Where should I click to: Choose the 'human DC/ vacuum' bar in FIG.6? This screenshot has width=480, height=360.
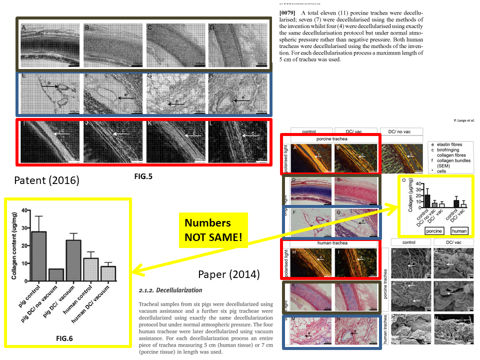point(108,273)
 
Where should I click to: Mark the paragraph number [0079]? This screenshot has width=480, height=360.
point(287,11)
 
